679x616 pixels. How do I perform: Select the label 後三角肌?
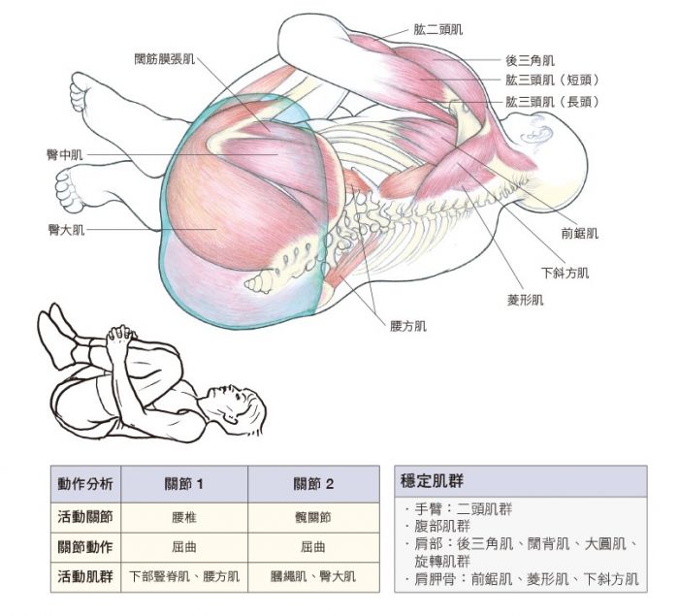point(530,61)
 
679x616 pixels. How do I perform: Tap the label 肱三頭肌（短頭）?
point(553,81)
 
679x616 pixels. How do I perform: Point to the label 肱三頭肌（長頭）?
point(553,102)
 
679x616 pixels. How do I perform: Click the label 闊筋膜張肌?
point(165,59)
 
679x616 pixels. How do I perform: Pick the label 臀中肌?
point(65,154)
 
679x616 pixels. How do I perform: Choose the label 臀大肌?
point(66,230)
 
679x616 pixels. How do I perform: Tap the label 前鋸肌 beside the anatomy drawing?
point(579,234)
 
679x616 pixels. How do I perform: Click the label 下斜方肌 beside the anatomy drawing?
point(566,273)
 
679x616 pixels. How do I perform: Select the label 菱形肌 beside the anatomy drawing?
point(526,300)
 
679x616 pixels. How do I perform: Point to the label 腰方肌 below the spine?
point(408,326)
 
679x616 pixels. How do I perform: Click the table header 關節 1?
point(184,484)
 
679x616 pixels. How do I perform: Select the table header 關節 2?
point(313,484)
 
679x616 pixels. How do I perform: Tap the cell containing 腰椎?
point(184,518)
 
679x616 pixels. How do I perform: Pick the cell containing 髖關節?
point(313,518)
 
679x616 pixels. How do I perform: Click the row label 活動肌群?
point(85,576)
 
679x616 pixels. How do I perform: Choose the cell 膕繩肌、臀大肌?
point(313,576)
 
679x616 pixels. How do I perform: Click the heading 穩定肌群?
point(432,481)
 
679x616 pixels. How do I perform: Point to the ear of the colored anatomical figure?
point(536,134)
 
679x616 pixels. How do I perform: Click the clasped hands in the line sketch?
point(120,335)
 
